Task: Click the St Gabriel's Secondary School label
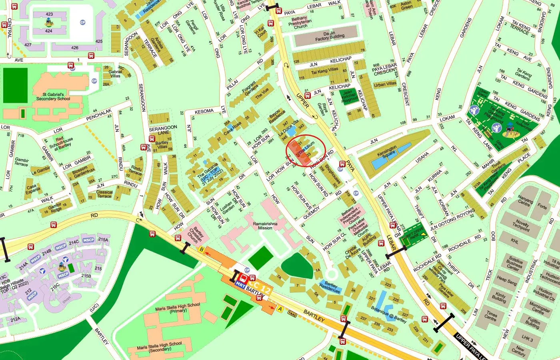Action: tap(53, 96)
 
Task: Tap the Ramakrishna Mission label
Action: tap(265, 226)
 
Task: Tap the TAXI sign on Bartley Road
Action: tap(292, 314)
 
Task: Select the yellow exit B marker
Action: tap(202, 250)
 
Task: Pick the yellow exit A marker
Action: tap(280, 309)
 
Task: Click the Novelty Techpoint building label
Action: tap(522, 225)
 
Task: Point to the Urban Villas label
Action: tap(385, 84)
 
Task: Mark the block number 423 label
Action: tap(49, 14)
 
